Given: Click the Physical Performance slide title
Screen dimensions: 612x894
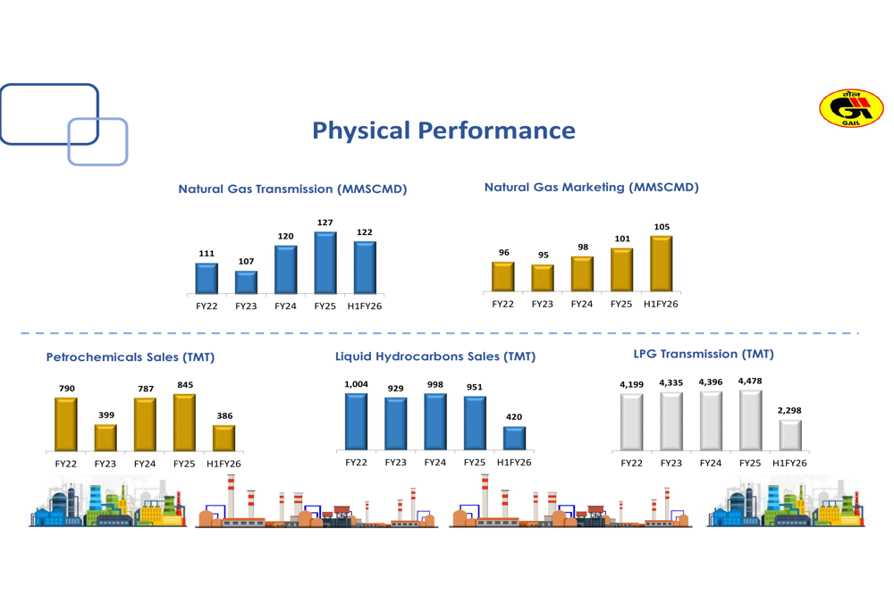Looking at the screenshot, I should [443, 131].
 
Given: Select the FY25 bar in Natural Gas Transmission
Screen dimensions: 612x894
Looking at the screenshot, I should [325, 263].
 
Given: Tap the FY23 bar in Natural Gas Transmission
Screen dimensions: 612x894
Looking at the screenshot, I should [246, 282].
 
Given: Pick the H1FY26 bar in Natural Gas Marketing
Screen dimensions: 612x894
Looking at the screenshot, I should [661, 264].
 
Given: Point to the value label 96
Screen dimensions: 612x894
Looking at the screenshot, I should [504, 253].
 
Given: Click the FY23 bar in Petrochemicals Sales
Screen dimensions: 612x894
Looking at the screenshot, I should [105, 438].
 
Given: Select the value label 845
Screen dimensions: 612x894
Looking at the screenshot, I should [185, 384].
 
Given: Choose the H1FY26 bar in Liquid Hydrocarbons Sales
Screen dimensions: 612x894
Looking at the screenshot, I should [514, 438].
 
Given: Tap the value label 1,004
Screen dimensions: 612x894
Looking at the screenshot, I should [356, 384].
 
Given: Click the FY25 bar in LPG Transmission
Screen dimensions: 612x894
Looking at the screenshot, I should [750, 421].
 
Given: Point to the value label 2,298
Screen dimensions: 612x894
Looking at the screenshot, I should [790, 410].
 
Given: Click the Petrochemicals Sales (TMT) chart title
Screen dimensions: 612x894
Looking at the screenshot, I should [130, 357].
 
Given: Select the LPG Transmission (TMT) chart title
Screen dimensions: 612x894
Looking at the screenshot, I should [703, 355].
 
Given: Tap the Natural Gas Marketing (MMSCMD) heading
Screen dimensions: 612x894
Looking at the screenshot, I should [591, 188].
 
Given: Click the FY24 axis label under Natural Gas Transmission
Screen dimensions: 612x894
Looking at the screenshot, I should [285, 306].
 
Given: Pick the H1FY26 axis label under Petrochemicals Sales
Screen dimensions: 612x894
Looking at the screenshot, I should [223, 464].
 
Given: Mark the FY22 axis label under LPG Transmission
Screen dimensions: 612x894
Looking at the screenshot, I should [631, 464].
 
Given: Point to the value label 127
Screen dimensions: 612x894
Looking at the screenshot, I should [325, 222].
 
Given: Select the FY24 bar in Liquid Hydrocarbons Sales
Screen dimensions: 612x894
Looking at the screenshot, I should [435, 422].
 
